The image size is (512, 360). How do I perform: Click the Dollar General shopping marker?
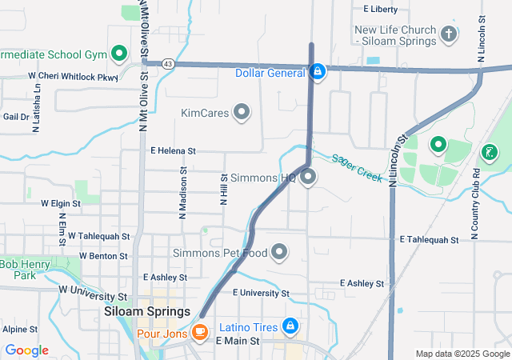pos(318,72)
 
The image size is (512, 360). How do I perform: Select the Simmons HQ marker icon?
pos(308,178)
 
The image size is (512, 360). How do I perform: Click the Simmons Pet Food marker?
pos(279,253)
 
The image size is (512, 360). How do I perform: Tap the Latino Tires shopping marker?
pos(290,326)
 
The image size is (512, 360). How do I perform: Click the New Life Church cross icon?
pos(449,34)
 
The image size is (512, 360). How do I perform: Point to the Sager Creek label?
pos(358,168)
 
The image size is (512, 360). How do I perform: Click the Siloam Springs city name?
pos(147,312)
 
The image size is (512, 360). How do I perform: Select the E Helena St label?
pos(173,150)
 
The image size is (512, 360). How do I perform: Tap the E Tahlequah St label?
pos(428,239)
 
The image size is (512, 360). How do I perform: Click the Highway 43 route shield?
pos(167,62)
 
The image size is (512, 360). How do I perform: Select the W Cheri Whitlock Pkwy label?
pos(73,76)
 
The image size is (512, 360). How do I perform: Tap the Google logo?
pos(27,350)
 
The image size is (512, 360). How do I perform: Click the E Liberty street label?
pos(380,10)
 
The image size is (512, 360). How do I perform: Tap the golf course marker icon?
pos(489,151)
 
